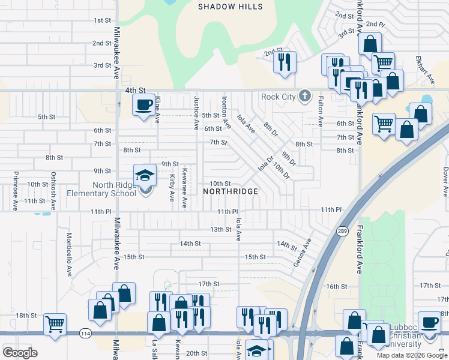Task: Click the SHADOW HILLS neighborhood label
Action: [231, 7]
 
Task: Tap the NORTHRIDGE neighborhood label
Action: [231, 191]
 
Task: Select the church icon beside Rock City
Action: [305, 96]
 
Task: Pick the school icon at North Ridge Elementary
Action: [145, 176]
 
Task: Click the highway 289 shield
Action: [342, 231]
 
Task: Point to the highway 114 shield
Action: [82, 332]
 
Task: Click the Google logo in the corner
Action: [20, 352]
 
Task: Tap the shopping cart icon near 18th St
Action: [55, 324]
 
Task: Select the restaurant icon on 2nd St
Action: [285, 61]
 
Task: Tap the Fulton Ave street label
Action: [321, 112]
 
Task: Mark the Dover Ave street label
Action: [445, 182]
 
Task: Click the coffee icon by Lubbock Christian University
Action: [429, 322]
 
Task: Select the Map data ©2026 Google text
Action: [412, 355]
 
